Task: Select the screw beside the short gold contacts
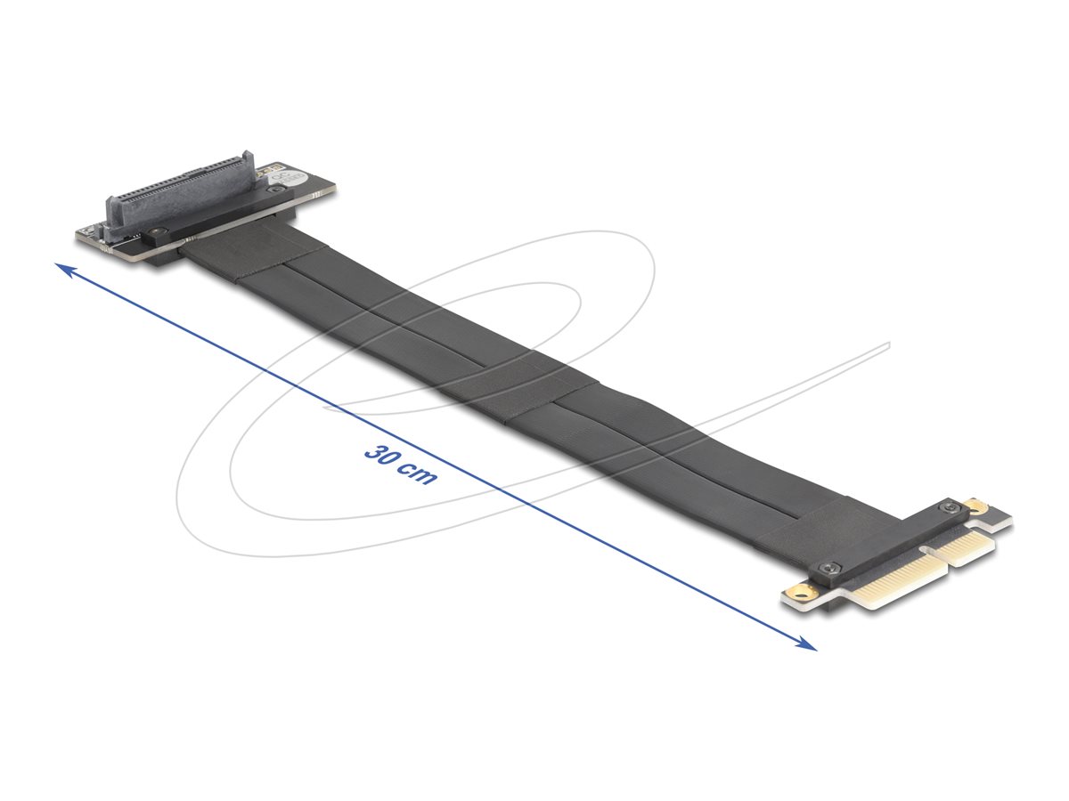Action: point(952,508)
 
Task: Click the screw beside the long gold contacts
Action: point(831,568)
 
